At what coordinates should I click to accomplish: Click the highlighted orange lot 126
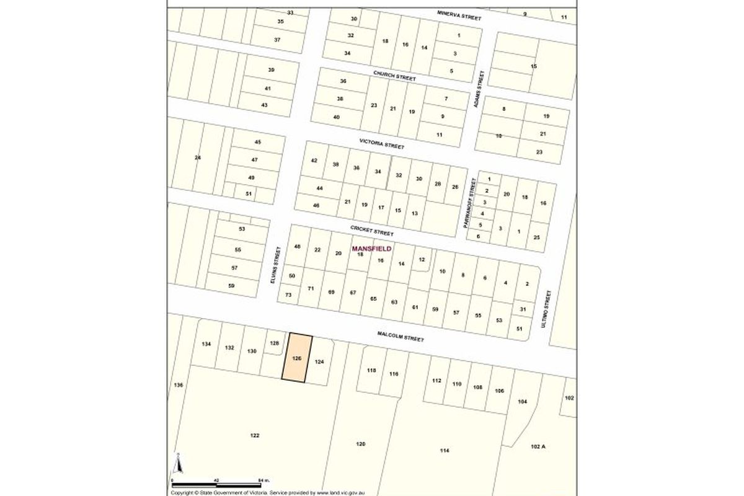tap(296, 358)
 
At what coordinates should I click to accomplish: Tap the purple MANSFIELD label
tap(371, 249)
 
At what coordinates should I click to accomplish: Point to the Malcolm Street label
tap(401, 337)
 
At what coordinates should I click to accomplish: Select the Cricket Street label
tap(372, 231)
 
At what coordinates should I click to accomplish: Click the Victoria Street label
tap(382, 144)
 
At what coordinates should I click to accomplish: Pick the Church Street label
tap(394, 76)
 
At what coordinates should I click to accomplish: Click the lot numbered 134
tap(207, 344)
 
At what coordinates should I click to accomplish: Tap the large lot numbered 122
tap(254, 435)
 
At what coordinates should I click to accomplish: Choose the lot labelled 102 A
tap(538, 446)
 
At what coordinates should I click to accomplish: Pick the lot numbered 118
tap(371, 370)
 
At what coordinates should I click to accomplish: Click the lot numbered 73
tap(288, 296)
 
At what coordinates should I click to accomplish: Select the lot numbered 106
tap(500, 391)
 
